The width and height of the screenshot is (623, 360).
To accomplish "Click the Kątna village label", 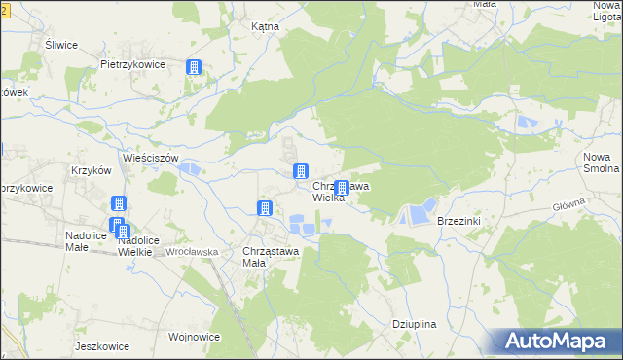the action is [x=265, y=27].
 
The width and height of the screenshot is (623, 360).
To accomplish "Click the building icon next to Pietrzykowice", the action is [x=195, y=67].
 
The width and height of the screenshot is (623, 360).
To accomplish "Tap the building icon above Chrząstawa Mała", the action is [x=264, y=207].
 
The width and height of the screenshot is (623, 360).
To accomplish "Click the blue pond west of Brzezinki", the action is [x=420, y=210].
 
